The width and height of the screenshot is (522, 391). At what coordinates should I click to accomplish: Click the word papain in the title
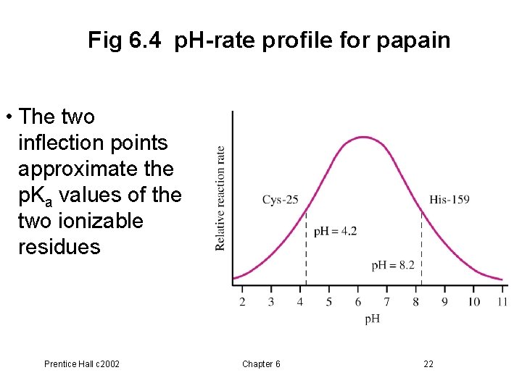point(413,41)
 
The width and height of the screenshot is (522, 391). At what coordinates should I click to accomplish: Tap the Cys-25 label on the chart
point(280,199)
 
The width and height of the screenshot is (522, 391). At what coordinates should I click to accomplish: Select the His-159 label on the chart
point(449,199)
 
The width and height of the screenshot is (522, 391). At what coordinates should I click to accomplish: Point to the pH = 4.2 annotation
point(335,232)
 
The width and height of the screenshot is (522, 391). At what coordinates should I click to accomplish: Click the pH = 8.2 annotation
point(393,265)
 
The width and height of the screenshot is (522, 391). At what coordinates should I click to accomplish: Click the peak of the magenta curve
point(364,137)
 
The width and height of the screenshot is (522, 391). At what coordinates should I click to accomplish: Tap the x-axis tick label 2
point(242,301)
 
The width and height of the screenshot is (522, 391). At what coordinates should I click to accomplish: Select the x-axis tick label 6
point(357,301)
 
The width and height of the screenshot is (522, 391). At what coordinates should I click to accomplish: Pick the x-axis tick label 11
point(502,301)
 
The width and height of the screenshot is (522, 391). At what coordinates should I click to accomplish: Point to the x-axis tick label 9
point(444,301)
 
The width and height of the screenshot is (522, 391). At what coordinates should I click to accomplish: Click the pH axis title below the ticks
point(371,319)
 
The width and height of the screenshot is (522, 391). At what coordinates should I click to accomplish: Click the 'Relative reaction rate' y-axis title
point(220,198)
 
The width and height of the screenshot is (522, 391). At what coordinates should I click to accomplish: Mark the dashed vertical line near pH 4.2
point(306,246)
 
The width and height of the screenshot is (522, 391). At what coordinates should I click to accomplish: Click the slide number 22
point(428,363)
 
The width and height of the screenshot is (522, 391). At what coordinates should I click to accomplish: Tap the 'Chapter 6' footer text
point(261,363)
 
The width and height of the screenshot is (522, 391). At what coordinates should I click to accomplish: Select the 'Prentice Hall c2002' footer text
point(82,363)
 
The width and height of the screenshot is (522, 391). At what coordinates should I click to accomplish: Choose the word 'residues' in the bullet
point(59,247)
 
